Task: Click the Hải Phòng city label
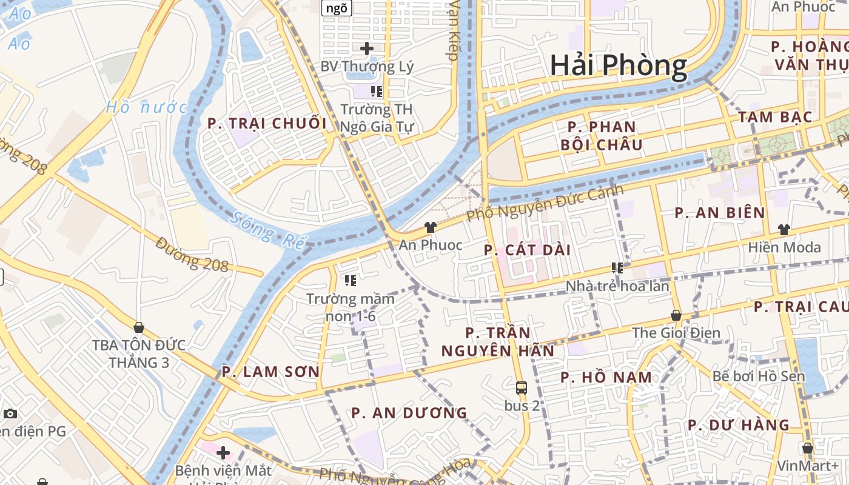click(618, 65)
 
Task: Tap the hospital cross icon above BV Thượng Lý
click(366, 48)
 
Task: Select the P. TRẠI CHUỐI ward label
click(267, 124)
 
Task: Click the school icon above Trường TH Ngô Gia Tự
click(377, 92)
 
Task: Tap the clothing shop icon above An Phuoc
click(430, 227)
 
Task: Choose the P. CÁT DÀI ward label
click(528, 250)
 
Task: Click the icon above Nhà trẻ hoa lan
click(617, 268)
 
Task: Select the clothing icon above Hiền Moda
click(784, 230)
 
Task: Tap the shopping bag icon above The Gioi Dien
click(676, 315)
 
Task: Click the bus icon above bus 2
click(521, 388)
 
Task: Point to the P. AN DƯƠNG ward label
click(409, 413)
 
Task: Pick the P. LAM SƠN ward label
click(270, 372)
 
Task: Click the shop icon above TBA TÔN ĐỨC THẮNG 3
click(139, 327)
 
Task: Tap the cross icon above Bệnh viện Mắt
click(223, 452)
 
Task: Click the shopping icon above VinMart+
click(808, 449)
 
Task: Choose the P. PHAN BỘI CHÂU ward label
click(602, 136)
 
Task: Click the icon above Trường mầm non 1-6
click(350, 280)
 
